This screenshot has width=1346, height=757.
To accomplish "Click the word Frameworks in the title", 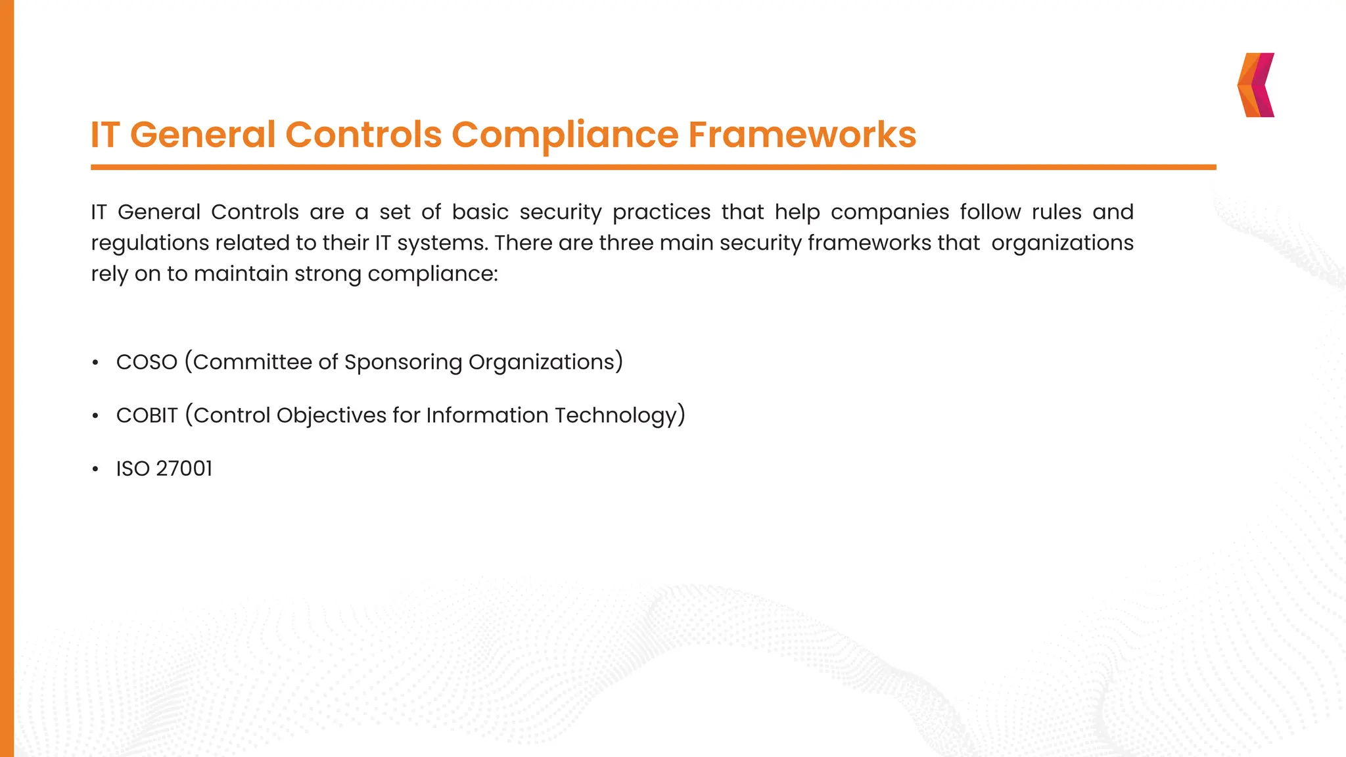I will (802, 135).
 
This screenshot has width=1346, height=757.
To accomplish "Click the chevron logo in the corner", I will (1256, 85).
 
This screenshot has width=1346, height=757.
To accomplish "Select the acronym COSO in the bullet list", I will (147, 362).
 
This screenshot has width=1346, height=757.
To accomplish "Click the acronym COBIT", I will (147, 415).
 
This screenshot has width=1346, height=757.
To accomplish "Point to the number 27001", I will (184, 469).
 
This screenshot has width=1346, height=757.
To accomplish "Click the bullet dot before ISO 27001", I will (95, 469).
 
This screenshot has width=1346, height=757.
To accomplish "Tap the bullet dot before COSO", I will (95, 363).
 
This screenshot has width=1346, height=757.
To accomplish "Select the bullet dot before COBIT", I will (95, 416).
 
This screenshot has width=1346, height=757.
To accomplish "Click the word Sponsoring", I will (403, 362).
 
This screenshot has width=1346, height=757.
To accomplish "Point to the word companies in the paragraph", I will (890, 212).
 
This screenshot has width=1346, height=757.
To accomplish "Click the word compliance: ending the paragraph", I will (432, 274).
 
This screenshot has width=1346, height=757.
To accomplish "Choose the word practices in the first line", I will (661, 212).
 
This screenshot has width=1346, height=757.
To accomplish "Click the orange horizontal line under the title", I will (653, 168).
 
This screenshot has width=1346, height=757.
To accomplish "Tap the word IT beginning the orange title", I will (105, 135).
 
